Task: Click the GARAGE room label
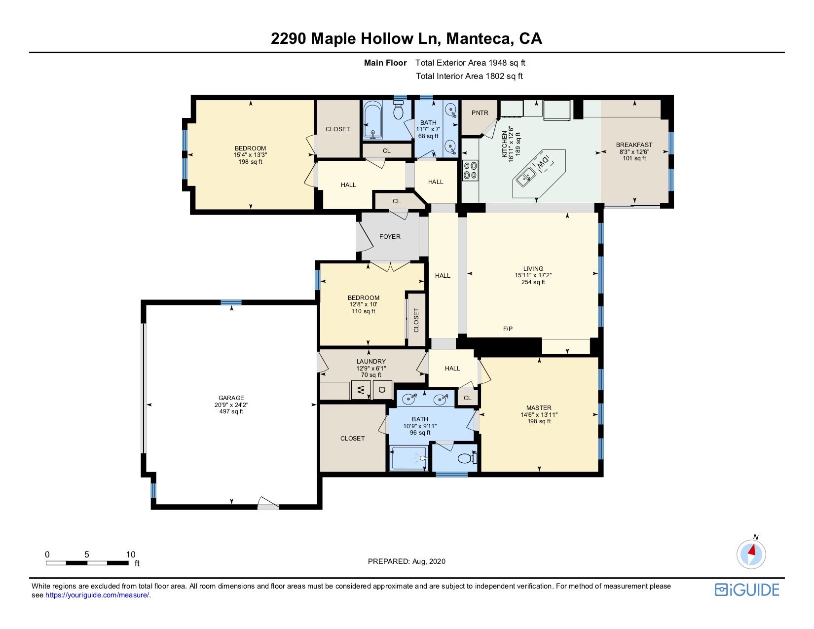(231, 398)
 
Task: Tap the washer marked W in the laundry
(361, 390)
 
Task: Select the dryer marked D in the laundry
(382, 390)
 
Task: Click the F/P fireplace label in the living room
(508, 329)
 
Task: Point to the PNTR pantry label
(480, 113)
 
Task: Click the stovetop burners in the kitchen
(470, 171)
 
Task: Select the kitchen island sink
(526, 177)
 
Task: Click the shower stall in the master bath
(408, 458)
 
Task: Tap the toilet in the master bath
(468, 458)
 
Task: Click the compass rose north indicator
(751, 555)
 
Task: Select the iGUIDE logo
(747, 590)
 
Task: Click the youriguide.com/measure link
(97, 595)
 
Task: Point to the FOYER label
(390, 237)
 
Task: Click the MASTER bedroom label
(539, 408)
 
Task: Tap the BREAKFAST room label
(634, 145)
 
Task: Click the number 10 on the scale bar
(131, 555)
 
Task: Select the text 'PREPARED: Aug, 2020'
(407, 561)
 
